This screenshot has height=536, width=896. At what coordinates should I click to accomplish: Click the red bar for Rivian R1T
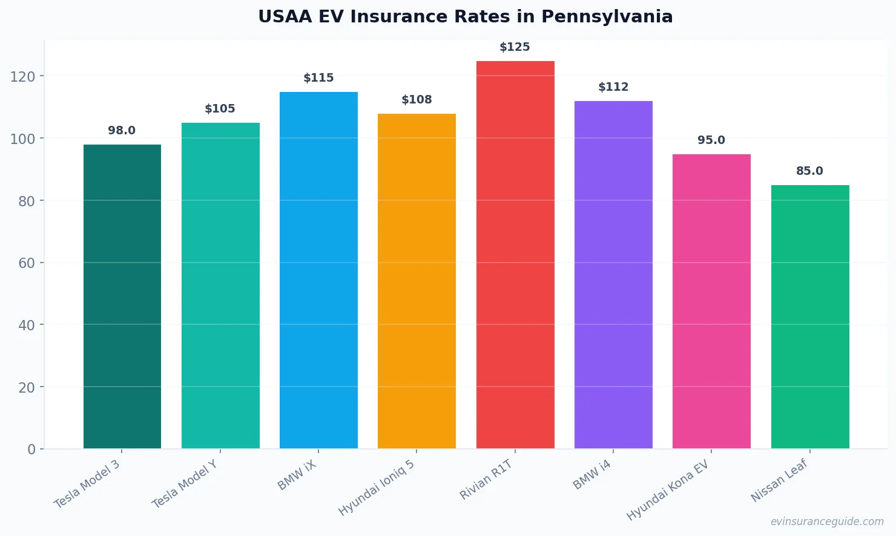click(515, 255)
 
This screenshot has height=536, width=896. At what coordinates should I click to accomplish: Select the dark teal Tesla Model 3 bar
click(122, 296)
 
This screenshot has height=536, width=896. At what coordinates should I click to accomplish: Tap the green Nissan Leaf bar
click(810, 316)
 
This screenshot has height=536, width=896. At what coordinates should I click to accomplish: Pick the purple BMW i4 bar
click(613, 275)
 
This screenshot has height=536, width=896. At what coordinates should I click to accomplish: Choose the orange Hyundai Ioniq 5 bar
click(417, 281)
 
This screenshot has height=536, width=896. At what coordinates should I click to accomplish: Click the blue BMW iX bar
click(318, 270)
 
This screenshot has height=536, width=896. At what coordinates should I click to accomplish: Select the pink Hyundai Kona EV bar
click(711, 301)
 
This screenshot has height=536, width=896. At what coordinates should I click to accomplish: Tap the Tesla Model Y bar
click(220, 286)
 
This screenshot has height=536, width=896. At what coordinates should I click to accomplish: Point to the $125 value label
click(515, 47)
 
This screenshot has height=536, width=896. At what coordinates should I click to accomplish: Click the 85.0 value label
click(809, 171)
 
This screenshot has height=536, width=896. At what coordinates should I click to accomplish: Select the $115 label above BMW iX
click(318, 78)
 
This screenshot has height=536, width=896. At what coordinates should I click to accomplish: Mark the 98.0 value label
click(122, 131)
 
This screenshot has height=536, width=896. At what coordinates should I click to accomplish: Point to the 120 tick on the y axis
click(22, 76)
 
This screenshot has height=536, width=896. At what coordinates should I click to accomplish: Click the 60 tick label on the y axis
click(27, 263)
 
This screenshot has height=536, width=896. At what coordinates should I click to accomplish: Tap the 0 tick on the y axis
click(31, 449)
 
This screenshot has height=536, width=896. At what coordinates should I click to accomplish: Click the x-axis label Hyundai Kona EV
click(668, 490)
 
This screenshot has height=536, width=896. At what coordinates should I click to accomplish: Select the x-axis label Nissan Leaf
click(779, 480)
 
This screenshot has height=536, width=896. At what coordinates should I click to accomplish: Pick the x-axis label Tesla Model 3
click(87, 485)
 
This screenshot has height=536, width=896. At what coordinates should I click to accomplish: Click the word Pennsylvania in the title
click(607, 17)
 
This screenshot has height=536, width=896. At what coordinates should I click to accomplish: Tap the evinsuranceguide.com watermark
click(827, 521)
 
